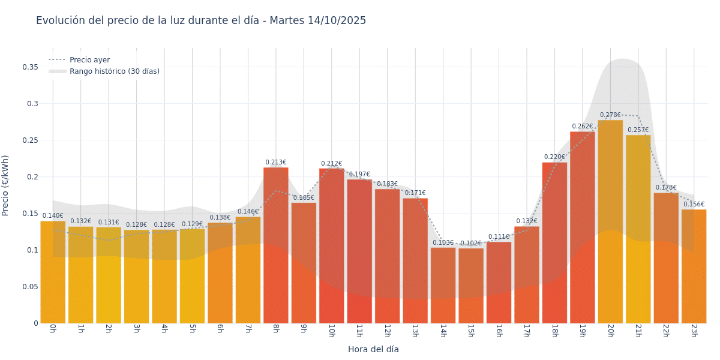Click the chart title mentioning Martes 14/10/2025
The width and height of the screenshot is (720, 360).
(201, 20)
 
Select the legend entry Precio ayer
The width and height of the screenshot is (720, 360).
(89, 60)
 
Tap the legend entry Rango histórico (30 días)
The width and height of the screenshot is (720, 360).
(114, 71)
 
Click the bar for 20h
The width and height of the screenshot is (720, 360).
(610, 222)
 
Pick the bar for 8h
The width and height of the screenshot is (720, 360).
(275, 246)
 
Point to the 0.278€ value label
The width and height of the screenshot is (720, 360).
(610, 115)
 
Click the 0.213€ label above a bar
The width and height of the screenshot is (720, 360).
(275, 163)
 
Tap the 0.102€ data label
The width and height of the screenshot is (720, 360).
(471, 244)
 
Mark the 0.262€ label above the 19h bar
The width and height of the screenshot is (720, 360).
(582, 127)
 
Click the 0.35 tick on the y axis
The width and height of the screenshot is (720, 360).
(31, 67)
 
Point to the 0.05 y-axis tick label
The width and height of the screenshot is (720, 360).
(31, 287)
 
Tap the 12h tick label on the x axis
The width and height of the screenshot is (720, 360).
(387, 331)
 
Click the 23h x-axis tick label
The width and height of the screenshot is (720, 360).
(694, 331)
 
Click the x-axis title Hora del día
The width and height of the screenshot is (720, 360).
(373, 349)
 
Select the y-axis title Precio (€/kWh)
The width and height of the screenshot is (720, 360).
(5, 185)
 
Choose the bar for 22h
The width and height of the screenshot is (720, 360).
(666, 258)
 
